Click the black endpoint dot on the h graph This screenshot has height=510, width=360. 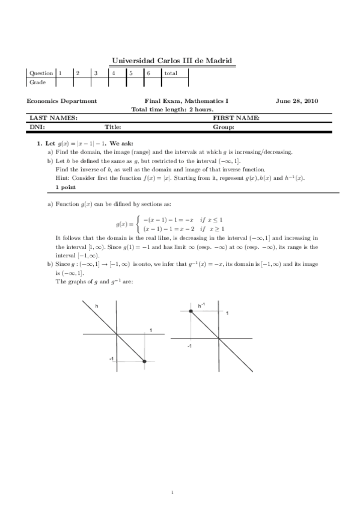tap(145, 361)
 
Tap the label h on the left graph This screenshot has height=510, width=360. tap(97, 306)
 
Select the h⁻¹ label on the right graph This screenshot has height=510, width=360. tap(202, 306)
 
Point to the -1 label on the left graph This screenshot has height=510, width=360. tap(112, 359)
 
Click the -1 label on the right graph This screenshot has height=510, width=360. tap(189, 347)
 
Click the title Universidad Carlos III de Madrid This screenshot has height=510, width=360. tap(172, 61)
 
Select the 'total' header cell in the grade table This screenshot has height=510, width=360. tap(171, 73)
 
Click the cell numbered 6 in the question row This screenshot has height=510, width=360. tap(148, 73)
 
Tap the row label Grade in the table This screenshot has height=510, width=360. tap(37, 82)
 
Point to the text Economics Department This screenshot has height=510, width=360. tap(62, 101)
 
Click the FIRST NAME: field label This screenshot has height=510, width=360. tap(236, 118)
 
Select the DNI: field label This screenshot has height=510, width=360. tap(37, 127)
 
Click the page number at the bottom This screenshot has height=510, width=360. tap(172, 493)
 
